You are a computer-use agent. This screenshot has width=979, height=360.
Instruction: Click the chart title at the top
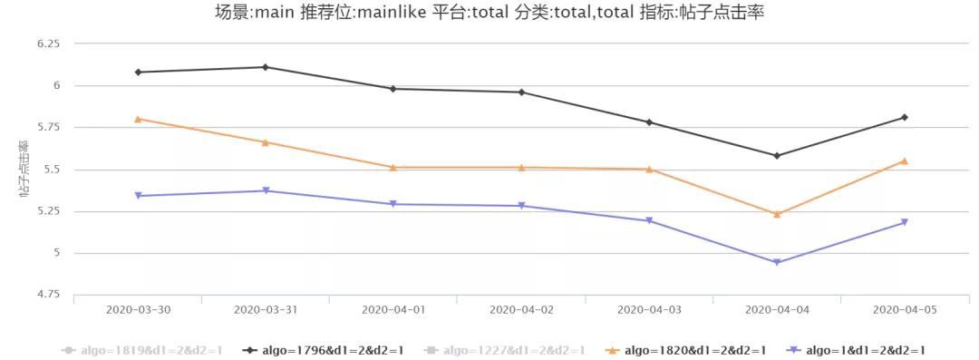point(489,13)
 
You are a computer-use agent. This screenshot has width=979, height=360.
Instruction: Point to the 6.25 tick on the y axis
point(47,44)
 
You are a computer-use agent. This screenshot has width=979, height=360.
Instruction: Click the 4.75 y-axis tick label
point(47,295)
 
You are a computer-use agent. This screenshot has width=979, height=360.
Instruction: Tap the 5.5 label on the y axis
point(51,170)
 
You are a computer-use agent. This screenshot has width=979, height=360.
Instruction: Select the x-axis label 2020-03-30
point(138,309)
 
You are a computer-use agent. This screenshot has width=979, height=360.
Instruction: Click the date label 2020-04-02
point(521,309)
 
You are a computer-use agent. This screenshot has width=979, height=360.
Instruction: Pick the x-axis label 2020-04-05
point(904,309)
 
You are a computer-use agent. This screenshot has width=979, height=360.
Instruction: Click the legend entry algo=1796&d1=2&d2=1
point(324,350)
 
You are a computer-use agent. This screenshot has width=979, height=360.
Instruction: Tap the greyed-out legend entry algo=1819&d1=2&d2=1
point(141,350)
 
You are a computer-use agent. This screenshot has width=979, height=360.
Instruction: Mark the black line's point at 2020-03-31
point(266,67)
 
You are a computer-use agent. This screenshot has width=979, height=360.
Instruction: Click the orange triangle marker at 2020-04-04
point(777,214)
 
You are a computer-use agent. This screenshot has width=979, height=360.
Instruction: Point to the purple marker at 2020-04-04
point(777,263)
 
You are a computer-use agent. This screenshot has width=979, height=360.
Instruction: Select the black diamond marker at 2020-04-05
point(905,117)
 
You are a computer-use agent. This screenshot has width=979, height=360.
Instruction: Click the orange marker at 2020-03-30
point(138,119)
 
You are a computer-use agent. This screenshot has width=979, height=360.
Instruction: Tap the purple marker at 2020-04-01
point(393,204)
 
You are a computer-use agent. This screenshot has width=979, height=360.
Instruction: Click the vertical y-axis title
point(24,169)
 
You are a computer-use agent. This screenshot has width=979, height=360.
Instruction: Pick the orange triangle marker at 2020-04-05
point(905,161)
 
